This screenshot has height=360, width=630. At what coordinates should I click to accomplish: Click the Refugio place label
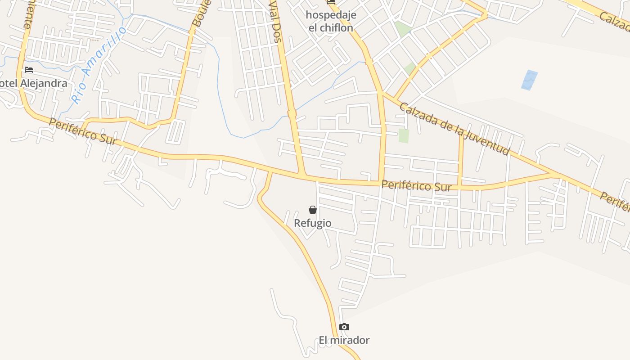[313, 223]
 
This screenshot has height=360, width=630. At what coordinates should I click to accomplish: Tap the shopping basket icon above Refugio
[313, 210]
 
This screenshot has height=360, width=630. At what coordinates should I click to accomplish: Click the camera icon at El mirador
[344, 327]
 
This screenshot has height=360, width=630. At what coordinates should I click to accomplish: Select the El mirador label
[344, 340]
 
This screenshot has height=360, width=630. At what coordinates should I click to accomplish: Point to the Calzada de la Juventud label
[454, 129]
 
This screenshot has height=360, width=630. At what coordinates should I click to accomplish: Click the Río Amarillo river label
[99, 65]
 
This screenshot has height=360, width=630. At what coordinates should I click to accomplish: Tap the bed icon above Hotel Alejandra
[29, 70]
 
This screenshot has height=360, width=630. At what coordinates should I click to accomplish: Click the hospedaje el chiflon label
[331, 21]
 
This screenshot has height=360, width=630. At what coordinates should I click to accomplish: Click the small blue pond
[529, 80]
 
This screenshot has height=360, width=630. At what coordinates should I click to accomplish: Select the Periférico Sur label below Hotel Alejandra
[83, 131]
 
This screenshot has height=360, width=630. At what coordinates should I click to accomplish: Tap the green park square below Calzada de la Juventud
[404, 135]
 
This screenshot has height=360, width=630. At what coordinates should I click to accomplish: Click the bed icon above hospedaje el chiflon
[331, 2]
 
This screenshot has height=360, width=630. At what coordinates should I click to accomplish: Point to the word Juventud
[488, 141]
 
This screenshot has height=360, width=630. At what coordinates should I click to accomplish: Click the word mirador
[350, 340]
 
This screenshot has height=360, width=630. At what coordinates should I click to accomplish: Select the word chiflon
[337, 27]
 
